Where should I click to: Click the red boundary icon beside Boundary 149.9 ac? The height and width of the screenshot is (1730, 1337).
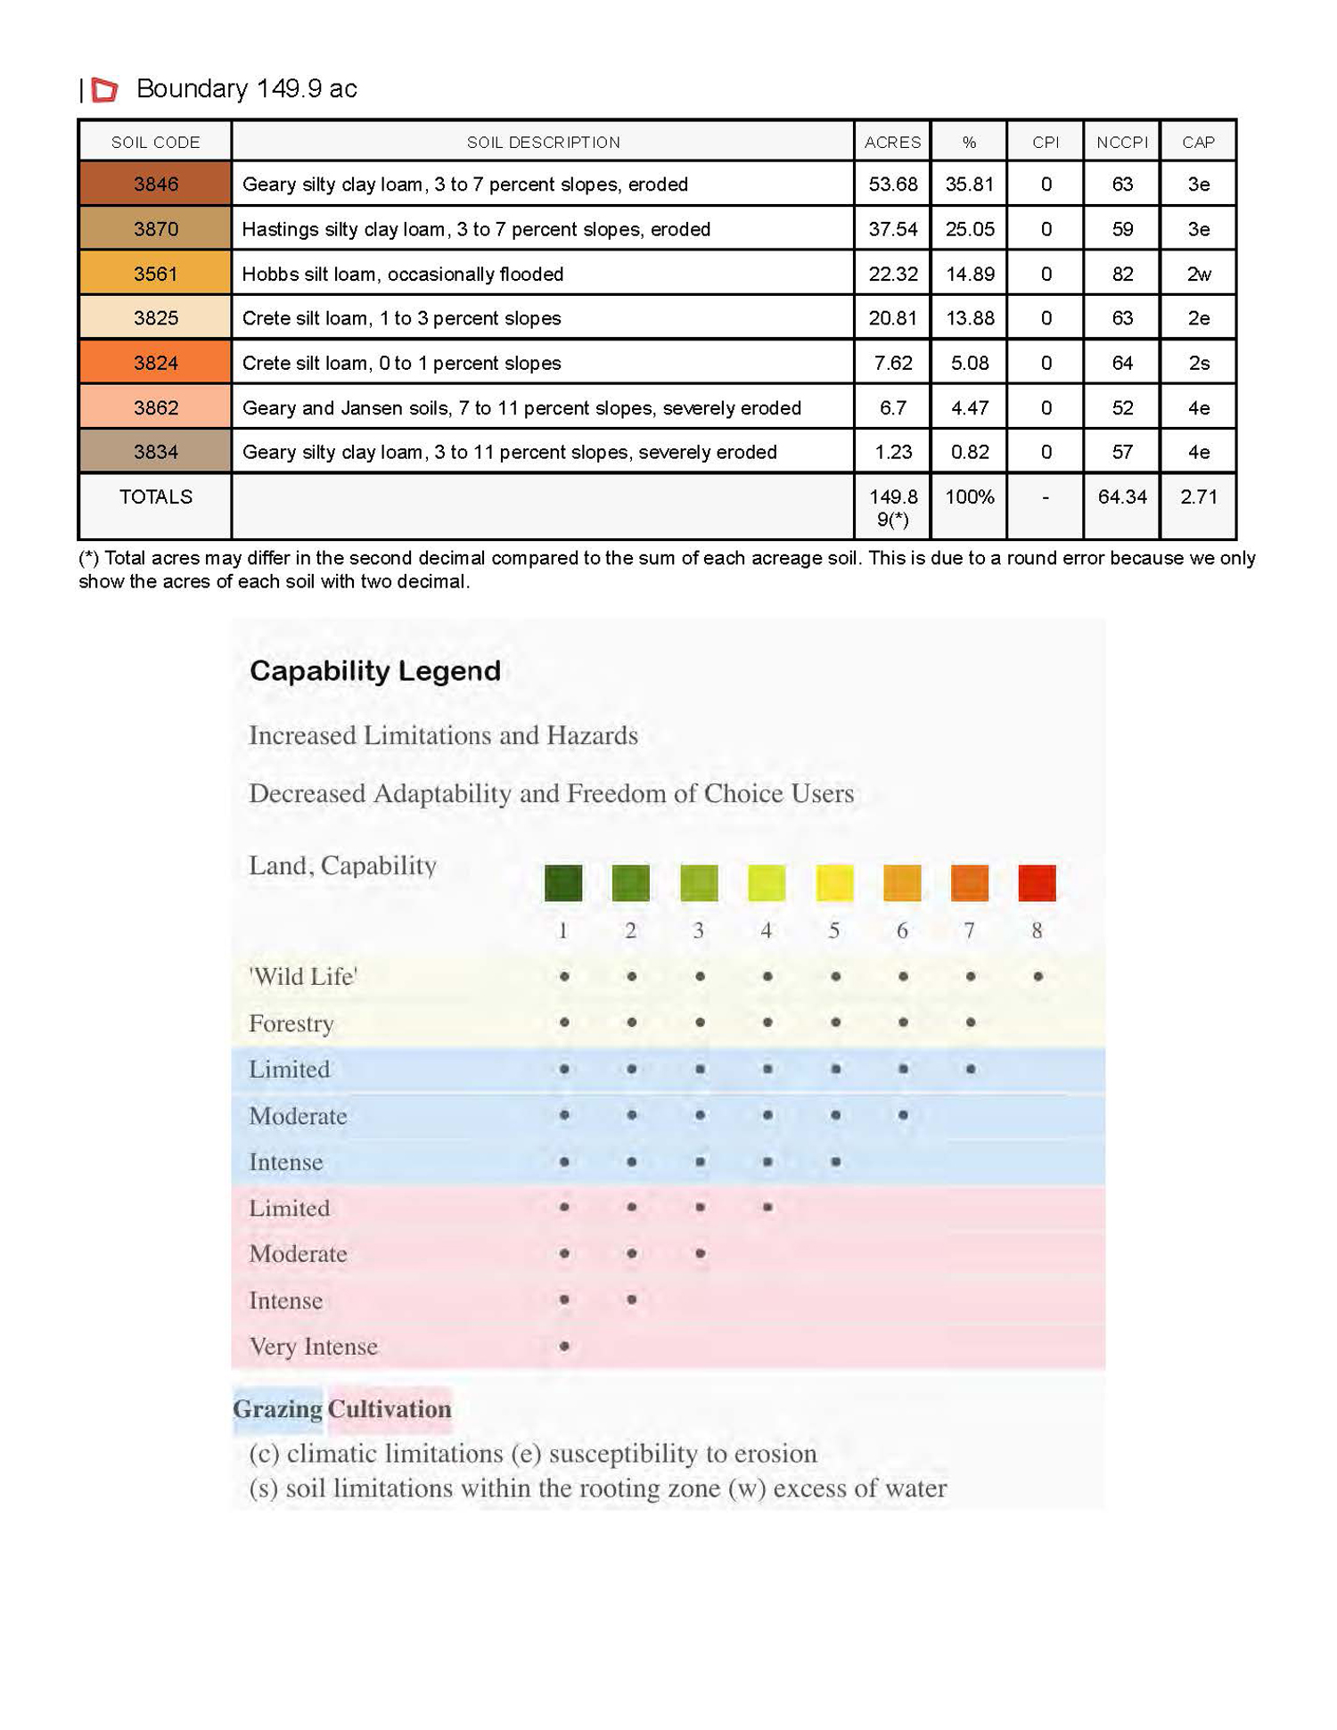105,89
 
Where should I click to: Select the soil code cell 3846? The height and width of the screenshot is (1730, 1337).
155,184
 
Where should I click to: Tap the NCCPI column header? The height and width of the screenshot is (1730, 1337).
1121,143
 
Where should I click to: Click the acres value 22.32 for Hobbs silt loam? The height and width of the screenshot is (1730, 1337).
892,275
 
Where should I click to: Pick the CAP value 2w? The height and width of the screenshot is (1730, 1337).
1198,275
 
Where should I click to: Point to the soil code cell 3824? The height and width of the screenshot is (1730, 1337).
155,364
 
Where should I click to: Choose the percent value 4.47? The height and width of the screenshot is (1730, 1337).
969,408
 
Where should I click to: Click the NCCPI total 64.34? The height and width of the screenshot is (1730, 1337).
1121,497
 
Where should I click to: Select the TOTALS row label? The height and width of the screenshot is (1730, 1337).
155,497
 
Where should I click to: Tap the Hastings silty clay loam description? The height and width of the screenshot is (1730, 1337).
476,230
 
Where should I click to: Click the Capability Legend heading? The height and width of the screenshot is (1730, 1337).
374,671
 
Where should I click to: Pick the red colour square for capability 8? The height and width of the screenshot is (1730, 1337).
1037,882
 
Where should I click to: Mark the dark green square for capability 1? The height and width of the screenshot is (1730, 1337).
563,882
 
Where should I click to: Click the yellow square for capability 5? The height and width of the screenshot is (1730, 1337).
834,882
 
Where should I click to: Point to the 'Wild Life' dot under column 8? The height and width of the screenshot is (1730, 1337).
1038,977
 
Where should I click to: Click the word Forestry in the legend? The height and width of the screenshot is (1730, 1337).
291,1023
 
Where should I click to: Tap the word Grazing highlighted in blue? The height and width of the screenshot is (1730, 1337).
277,1409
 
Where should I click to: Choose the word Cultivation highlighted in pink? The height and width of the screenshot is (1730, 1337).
390,1409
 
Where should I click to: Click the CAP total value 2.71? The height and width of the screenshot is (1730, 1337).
1198,497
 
